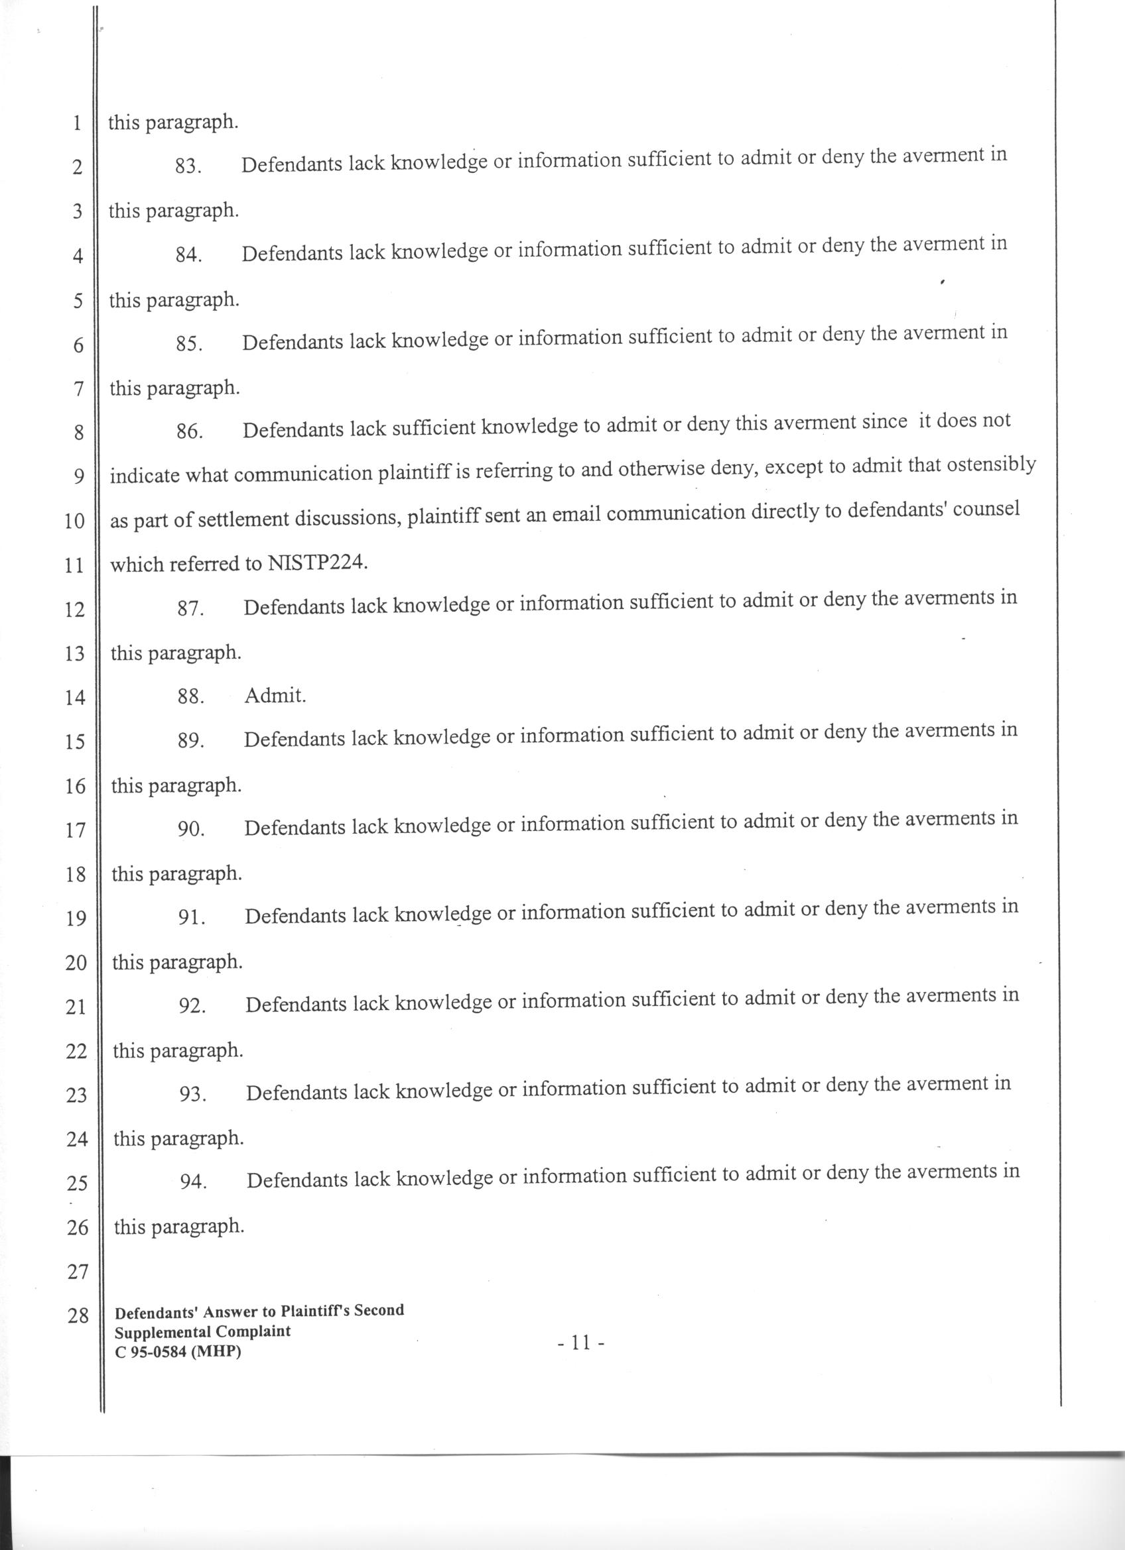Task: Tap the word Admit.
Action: point(275,696)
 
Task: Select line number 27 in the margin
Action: point(76,1271)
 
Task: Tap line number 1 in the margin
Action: point(76,124)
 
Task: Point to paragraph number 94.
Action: point(194,1182)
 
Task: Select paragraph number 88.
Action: point(190,696)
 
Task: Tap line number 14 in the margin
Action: point(74,698)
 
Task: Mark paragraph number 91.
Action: point(192,918)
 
